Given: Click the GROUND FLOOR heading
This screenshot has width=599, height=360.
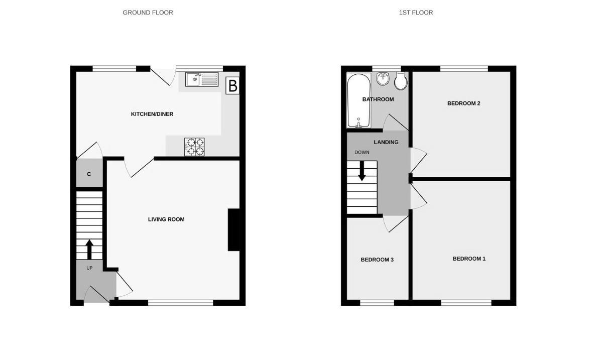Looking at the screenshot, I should (148, 13).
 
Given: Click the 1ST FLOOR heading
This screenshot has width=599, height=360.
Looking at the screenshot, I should (416, 13).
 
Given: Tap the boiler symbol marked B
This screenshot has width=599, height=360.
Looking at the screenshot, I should (232, 86).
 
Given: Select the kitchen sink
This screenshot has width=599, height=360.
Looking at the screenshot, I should (201, 79).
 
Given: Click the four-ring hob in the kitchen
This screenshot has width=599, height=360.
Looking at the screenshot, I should (195, 146).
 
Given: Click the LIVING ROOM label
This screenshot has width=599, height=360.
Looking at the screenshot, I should (166, 219).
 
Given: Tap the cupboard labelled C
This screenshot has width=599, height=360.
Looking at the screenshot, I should (89, 174).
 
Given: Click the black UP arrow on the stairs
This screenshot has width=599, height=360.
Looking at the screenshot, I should (89, 249).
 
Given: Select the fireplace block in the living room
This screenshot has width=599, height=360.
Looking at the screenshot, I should (233, 229).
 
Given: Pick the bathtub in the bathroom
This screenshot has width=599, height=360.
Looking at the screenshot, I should (358, 100).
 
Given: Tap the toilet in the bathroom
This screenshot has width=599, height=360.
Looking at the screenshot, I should (401, 80).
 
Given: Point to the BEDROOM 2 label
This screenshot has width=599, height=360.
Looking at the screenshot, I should (463, 103).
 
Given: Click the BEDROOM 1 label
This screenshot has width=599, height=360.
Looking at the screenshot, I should (469, 259).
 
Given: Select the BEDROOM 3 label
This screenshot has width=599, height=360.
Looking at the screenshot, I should (377, 260).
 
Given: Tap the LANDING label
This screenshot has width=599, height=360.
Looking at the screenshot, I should (386, 143).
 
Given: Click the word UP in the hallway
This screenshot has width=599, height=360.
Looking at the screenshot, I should (89, 268).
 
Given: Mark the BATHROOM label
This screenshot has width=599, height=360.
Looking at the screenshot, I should (378, 99).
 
